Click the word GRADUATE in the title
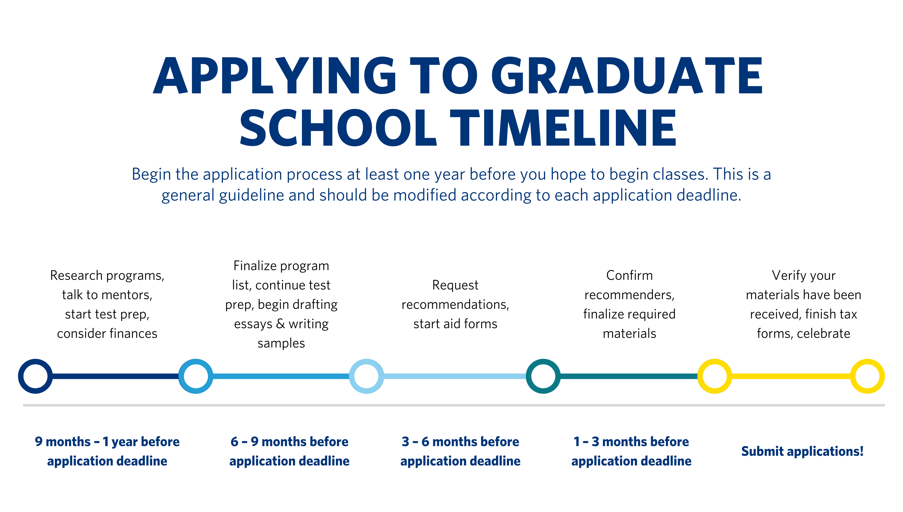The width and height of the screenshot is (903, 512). coord(627,75)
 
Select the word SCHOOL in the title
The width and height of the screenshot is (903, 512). coord(338,127)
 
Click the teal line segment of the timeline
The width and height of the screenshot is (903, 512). coord(629,376)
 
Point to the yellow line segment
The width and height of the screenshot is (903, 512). coord(791,376)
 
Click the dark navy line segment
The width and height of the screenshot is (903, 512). coord(115,376)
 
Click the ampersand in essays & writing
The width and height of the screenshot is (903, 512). coord(280,323)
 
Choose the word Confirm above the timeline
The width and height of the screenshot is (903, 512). coord(629,275)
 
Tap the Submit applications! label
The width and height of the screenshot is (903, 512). coord(802,451)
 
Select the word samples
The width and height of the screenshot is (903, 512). coord(281,343)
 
